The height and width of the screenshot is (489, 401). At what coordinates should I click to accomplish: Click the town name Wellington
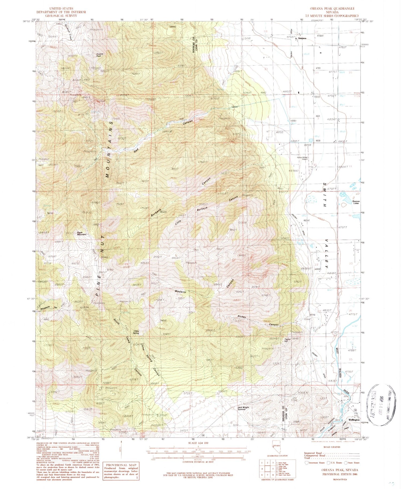354,420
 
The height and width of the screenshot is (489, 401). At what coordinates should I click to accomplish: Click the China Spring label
136,332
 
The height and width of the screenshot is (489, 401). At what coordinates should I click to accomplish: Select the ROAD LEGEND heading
331,447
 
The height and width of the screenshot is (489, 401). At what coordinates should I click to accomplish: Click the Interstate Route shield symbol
306,462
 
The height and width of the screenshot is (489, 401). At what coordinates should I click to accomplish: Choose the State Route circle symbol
346,462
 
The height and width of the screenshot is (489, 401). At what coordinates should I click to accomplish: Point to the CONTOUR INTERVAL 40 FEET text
198,462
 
